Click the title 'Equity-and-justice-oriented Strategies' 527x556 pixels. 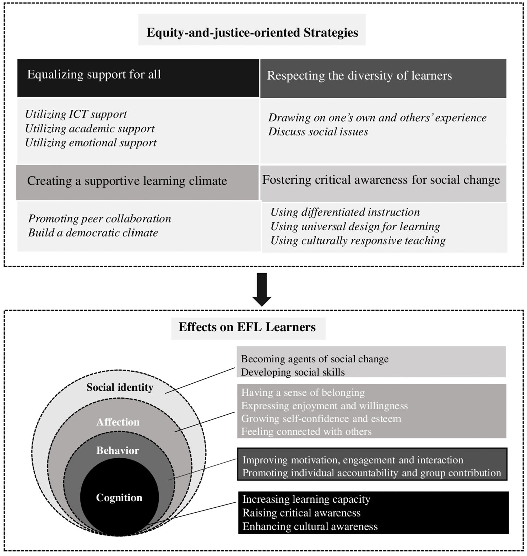pos(252,32)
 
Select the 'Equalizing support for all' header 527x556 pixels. pos(94,75)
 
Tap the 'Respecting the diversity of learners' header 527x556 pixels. pos(359,76)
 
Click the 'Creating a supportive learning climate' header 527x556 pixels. pos(127,181)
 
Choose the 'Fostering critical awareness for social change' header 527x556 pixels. pos(381,180)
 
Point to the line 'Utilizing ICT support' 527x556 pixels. pos(76,114)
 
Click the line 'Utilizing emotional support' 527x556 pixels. pos(91,143)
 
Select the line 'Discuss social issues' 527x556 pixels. pos(318,132)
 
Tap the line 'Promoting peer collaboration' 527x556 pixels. pos(99,218)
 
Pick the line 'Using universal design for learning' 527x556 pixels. pos(355,227)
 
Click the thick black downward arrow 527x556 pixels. pos(262,290)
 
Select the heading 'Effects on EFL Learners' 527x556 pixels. pos(247,327)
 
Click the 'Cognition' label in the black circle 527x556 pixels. pos(119,498)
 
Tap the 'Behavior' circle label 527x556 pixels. pos(118,450)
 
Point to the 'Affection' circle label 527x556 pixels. pos(118,422)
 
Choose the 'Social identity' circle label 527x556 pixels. pos(120,387)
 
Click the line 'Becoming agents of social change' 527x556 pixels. pos(315,359)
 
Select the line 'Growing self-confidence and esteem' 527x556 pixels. pos(321,419)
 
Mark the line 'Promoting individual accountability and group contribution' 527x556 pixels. pos(372,473)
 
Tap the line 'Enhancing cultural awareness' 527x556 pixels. pos(310,527)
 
